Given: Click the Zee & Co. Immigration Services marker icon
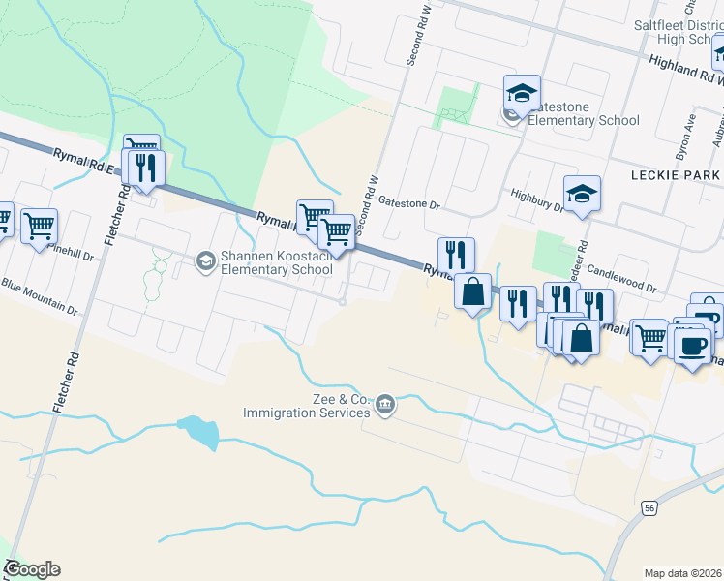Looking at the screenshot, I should pyautogui.click(x=385, y=403).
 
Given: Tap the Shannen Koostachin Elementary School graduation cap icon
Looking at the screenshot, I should pyautogui.click(x=204, y=260).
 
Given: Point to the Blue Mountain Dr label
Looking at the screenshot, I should pyautogui.click(x=39, y=297).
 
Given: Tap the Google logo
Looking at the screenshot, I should pyautogui.click(x=32, y=569).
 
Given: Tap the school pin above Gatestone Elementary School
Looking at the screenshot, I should pyautogui.click(x=522, y=94).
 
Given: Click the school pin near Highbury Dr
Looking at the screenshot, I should pyautogui.click(x=583, y=193).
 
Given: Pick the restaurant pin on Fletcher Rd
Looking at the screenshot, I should pyautogui.click(x=146, y=167).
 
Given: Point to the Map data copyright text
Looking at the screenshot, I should pyautogui.click(x=681, y=572).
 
